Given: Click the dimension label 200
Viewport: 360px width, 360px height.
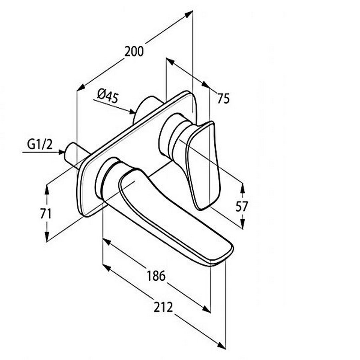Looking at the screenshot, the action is (x=134, y=51).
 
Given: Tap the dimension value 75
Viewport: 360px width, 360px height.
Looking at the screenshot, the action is (x=224, y=99).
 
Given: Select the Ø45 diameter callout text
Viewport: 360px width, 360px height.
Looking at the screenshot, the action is (x=107, y=96).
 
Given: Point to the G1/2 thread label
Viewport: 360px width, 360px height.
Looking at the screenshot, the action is (x=40, y=144).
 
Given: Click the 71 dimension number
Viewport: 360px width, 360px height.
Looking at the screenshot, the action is (x=46, y=214).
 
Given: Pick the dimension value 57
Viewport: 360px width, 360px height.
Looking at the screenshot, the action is (x=242, y=206).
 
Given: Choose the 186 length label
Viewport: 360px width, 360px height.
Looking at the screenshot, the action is (x=156, y=276).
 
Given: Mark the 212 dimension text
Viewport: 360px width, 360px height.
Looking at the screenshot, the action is (x=163, y=307).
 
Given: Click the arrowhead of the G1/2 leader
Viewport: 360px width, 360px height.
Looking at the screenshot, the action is (x=61, y=152).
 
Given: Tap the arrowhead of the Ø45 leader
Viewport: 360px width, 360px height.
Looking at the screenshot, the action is (x=132, y=112).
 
